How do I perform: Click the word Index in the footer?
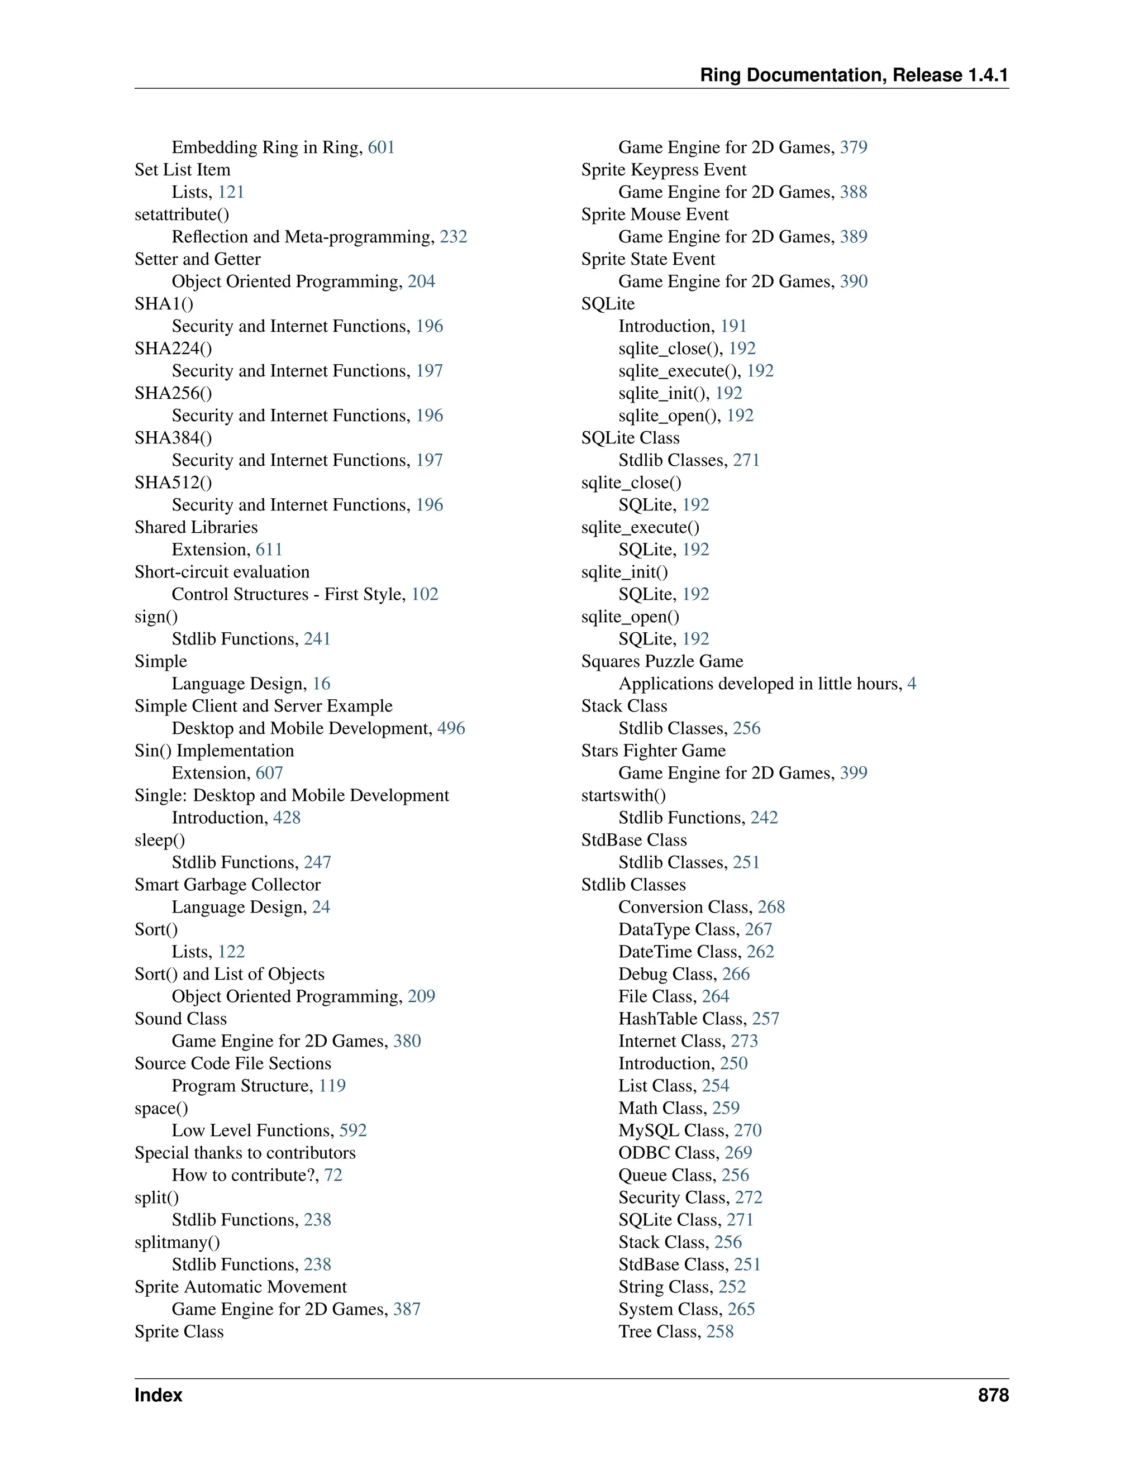point(159,1395)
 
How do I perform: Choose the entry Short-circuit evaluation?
point(222,571)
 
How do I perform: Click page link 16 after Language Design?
point(321,683)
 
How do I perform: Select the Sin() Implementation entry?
point(214,750)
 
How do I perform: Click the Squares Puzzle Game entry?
point(661,661)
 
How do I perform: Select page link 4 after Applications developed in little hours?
point(912,683)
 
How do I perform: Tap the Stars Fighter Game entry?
point(654,750)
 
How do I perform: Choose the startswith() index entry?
point(623,795)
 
